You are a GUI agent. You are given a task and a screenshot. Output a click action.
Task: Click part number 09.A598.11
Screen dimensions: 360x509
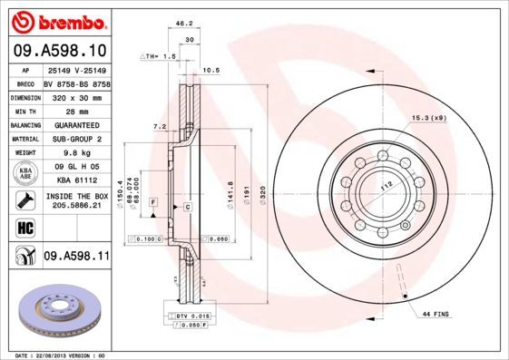click(76, 258)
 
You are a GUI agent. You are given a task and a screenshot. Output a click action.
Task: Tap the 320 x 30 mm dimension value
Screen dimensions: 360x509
click(76, 95)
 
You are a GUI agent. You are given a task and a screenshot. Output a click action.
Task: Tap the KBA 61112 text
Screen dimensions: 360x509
click(76, 180)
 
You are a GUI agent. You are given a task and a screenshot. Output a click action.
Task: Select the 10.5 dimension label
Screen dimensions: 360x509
click(211, 70)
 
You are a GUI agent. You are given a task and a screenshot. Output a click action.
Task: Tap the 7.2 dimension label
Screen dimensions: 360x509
click(160, 126)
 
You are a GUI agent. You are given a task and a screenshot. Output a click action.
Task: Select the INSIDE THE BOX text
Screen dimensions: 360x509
click(76, 197)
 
